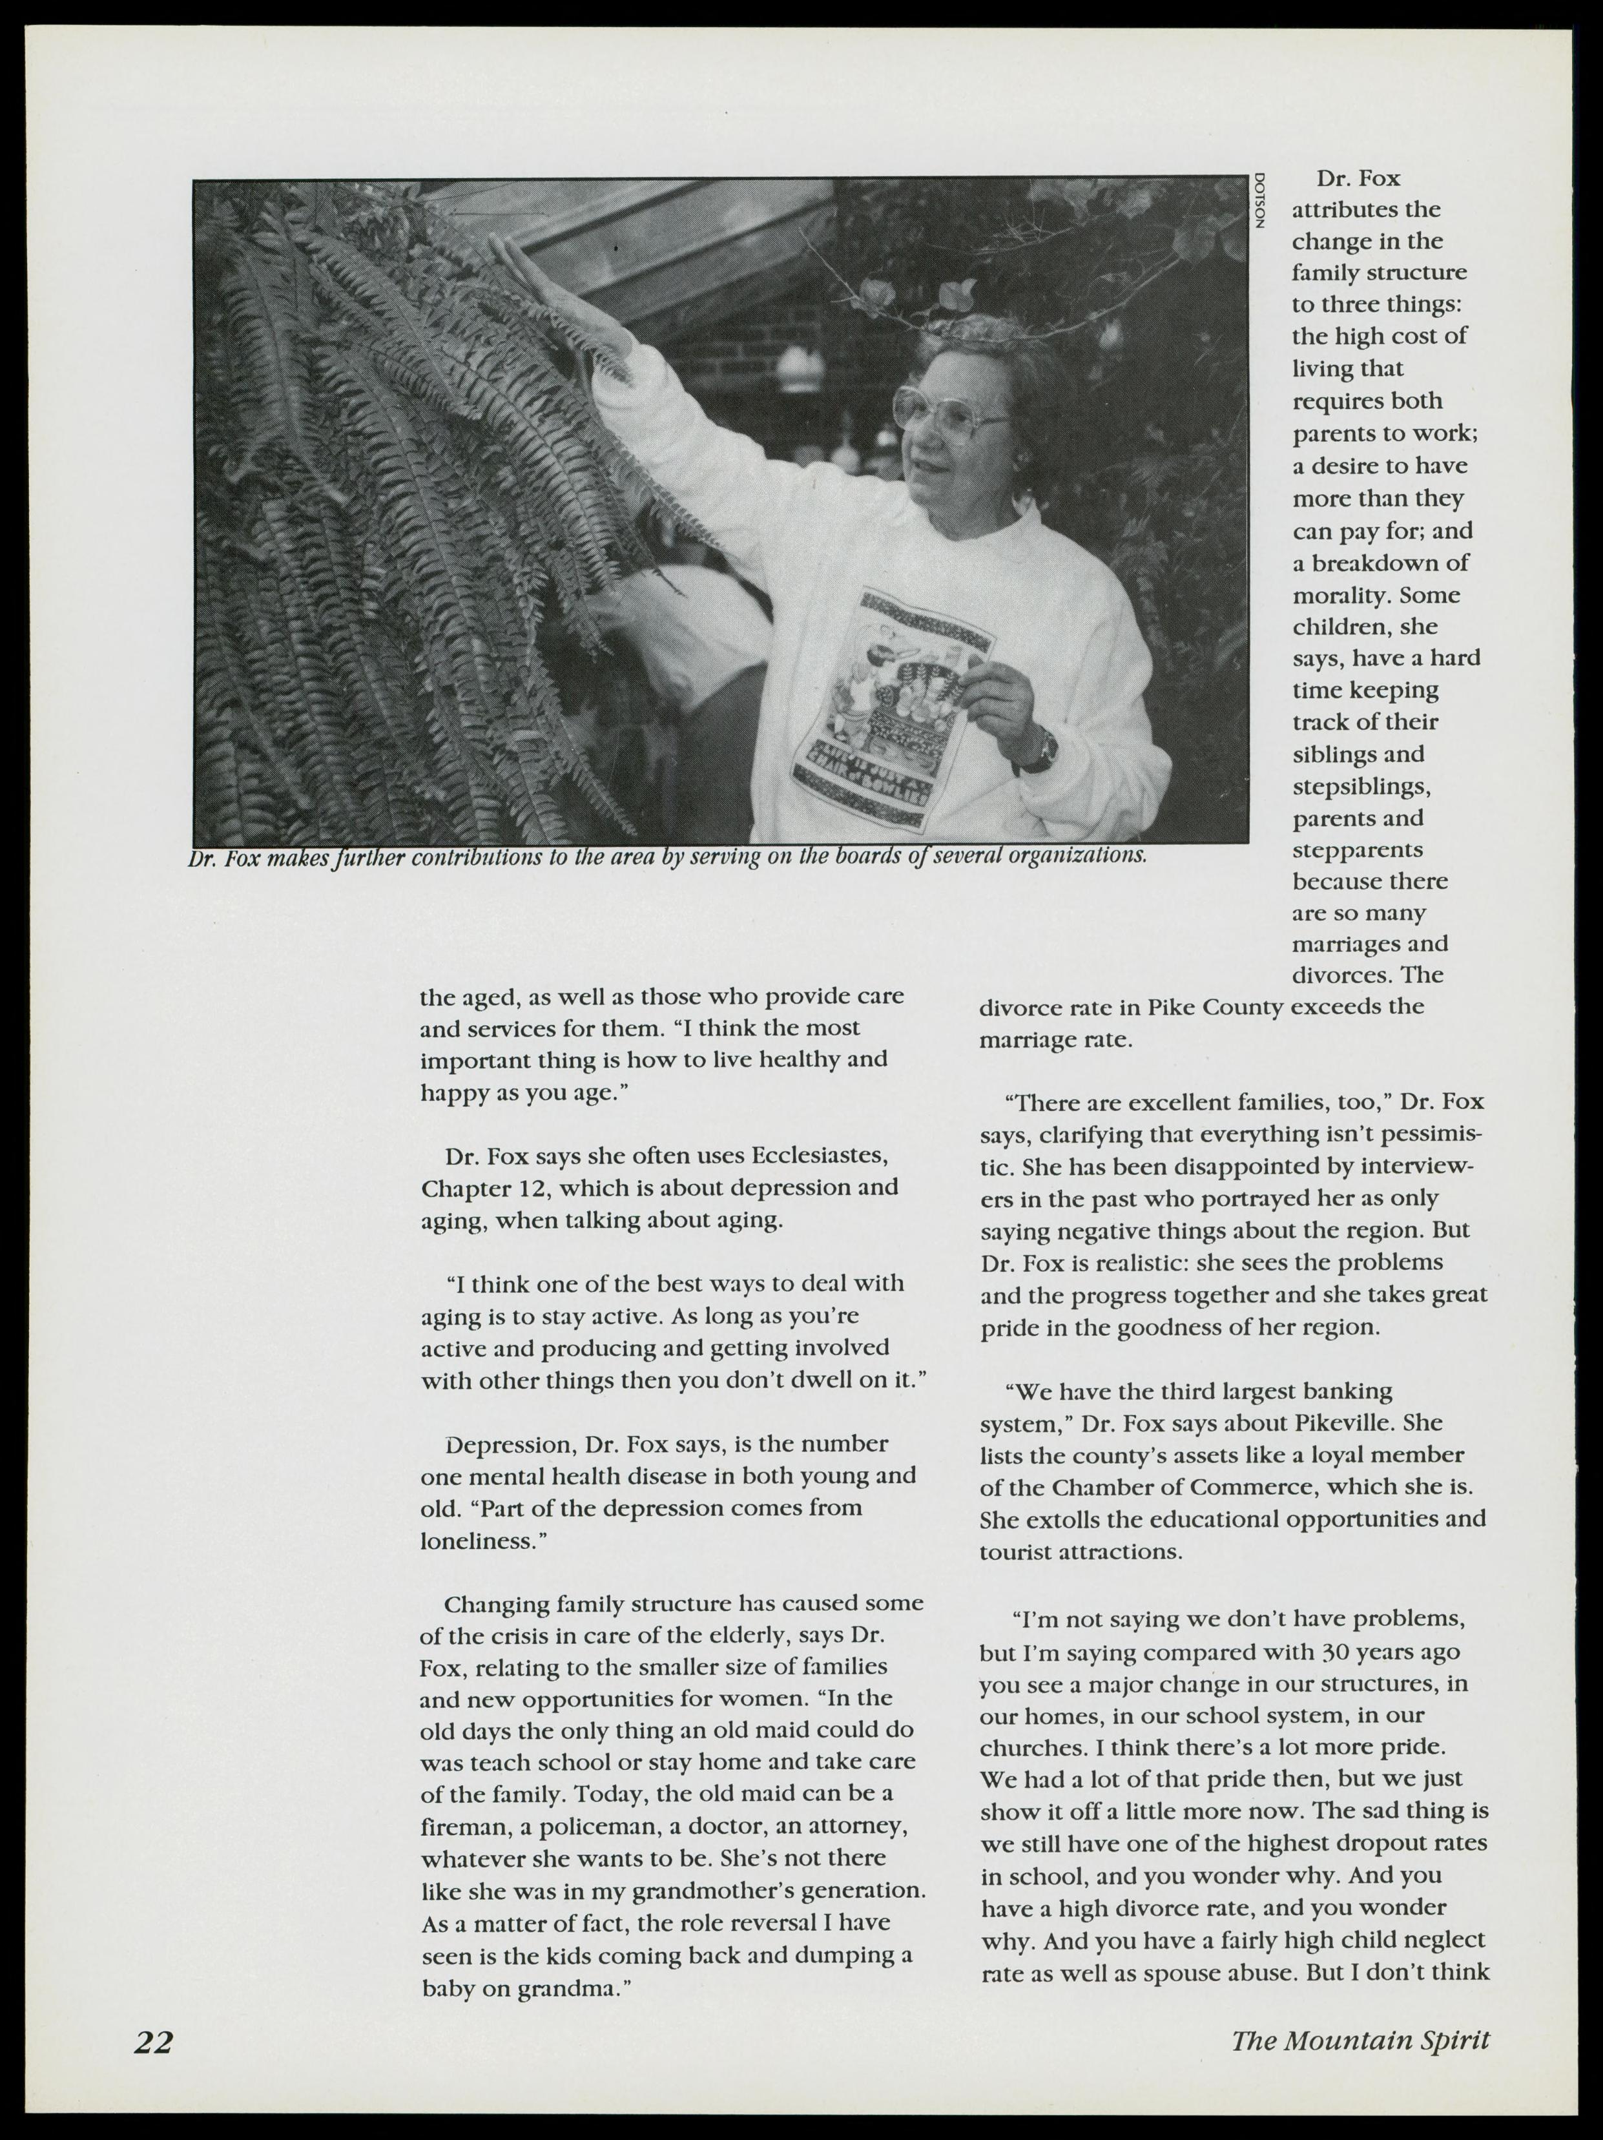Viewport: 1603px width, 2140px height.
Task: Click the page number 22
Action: point(154,2041)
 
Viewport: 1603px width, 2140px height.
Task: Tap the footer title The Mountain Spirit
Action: point(1360,2041)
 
